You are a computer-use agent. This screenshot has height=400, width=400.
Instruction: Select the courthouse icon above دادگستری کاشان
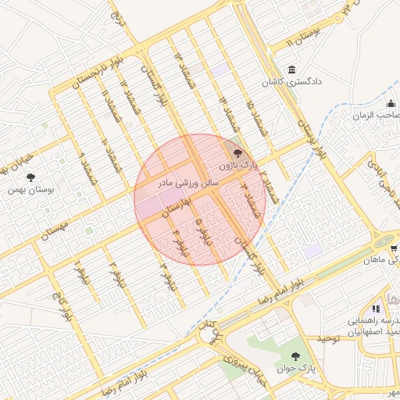(x=291, y=69)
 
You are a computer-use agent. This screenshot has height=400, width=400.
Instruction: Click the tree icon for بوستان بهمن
(x=30, y=177)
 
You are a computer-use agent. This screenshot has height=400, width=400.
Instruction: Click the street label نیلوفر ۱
(x=77, y=270)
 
